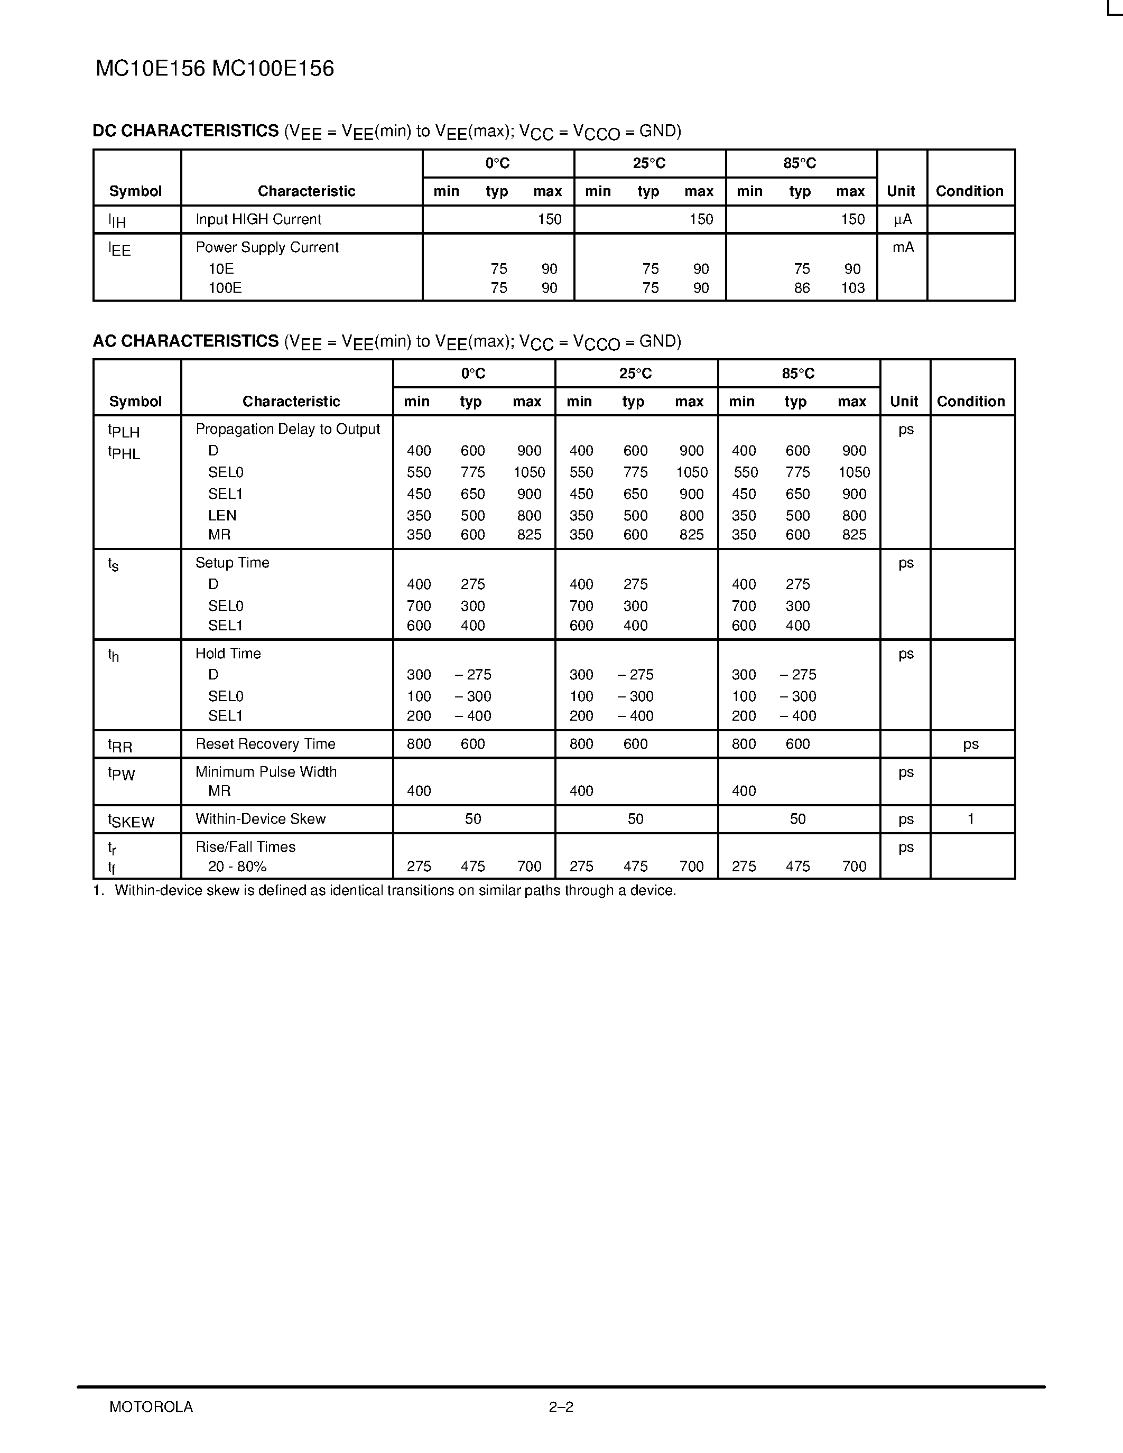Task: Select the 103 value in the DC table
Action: [852, 288]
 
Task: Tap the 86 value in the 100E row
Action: [802, 288]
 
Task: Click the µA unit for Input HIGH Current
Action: [902, 220]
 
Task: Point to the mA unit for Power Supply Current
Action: [903, 247]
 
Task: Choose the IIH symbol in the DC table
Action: [117, 220]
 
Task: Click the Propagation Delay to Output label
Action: [287, 429]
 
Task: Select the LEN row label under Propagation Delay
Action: [222, 516]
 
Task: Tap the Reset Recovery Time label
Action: [265, 744]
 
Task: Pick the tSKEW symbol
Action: [131, 821]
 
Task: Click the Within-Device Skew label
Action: [260, 819]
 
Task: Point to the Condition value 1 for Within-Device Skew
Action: [971, 819]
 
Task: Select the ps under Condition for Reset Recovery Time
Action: [971, 744]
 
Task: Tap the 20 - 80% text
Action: [237, 866]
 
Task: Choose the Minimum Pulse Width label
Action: [266, 772]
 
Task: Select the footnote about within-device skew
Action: [385, 890]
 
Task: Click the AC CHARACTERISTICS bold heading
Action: [185, 341]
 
